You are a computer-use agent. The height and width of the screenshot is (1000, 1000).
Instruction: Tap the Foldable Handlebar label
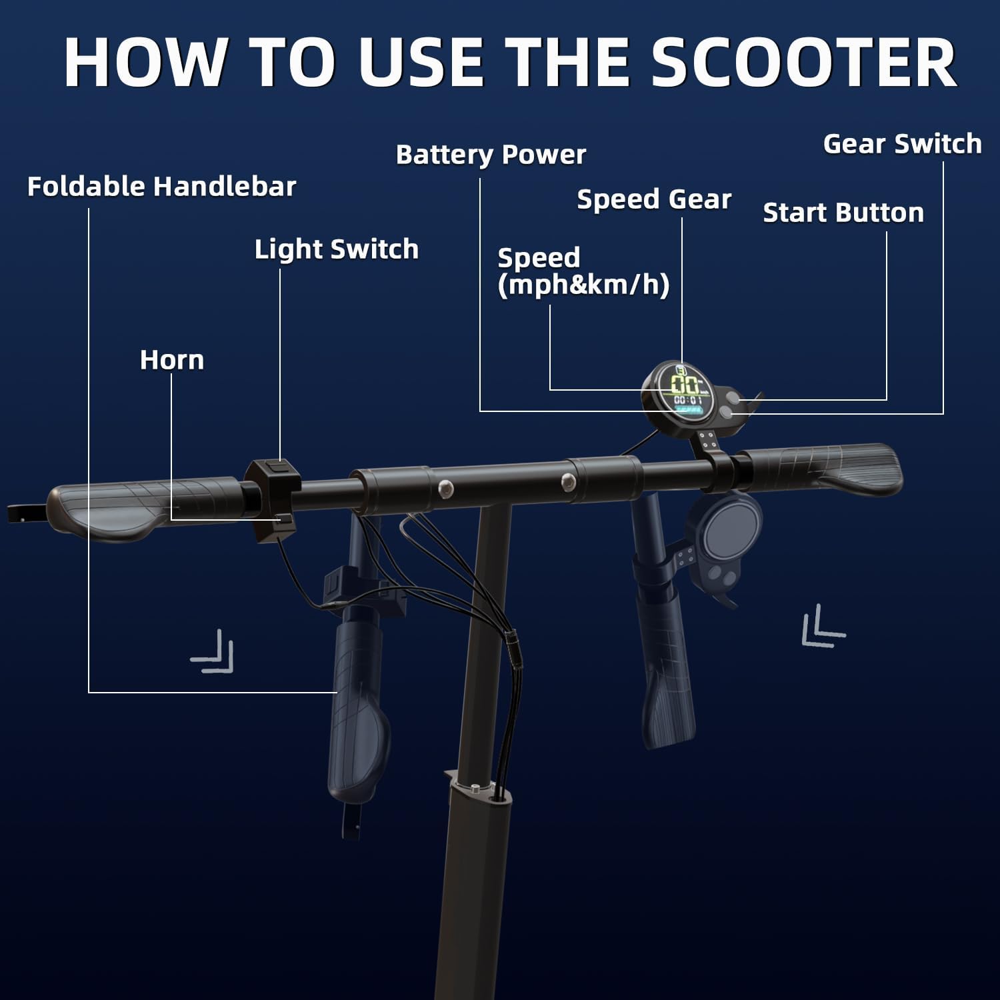(x=161, y=187)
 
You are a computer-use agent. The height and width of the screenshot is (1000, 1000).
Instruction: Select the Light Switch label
(x=336, y=249)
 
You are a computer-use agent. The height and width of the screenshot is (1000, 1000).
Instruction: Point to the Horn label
(x=171, y=360)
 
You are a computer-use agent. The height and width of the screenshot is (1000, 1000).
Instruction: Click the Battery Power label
(x=491, y=155)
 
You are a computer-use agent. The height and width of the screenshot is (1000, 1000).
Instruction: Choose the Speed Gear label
(x=653, y=199)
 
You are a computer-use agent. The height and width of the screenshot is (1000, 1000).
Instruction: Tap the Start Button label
(x=843, y=213)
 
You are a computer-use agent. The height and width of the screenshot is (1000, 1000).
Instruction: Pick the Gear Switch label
(x=902, y=144)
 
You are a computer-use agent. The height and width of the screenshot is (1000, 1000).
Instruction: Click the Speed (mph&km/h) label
(x=583, y=271)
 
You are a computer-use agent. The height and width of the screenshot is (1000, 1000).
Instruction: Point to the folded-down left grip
(x=357, y=720)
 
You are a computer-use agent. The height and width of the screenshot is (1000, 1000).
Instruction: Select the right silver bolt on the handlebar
(x=567, y=480)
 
